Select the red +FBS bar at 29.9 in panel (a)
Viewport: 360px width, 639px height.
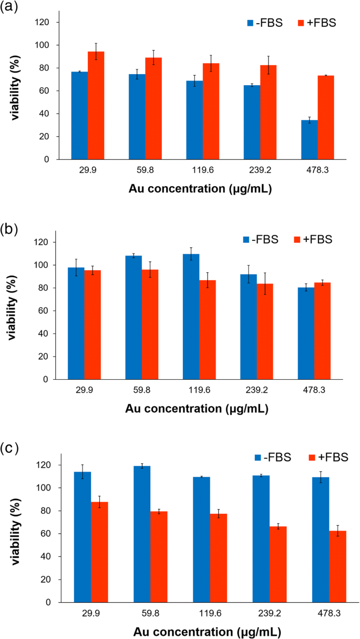coord(96,106)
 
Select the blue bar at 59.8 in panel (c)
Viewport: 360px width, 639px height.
coord(142,534)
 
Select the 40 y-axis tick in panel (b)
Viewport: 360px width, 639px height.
coord(47,333)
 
